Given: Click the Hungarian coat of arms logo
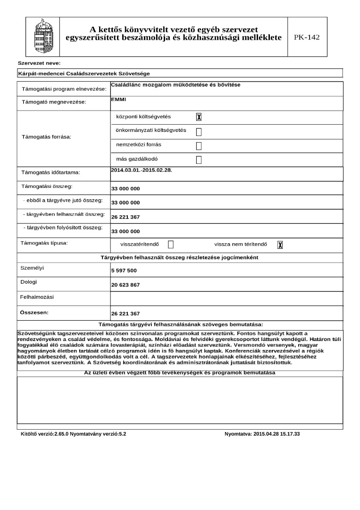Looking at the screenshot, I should (x=41, y=36).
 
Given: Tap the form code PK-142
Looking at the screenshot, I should (x=307, y=37).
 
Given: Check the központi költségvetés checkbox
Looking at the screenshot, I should (x=199, y=117).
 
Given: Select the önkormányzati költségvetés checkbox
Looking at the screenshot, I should (x=199, y=131).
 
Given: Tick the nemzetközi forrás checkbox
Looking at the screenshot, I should (x=199, y=145).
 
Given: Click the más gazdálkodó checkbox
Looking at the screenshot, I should (x=199, y=160).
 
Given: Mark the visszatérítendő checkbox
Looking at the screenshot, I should (x=171, y=245).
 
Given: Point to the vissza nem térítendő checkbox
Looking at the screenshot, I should (x=280, y=245).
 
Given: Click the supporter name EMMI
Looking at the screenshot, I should (x=115, y=100).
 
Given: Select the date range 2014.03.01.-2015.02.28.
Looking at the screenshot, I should (x=141, y=170).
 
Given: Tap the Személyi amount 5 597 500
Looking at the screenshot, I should (x=124, y=271).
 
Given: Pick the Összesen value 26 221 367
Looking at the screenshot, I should (x=126, y=314).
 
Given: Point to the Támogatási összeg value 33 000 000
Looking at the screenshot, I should (x=126, y=189).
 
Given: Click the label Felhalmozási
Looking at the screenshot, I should (x=37, y=297).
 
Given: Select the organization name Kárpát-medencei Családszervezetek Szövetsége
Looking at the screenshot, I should (x=84, y=74).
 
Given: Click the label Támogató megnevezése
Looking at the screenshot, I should (x=54, y=102).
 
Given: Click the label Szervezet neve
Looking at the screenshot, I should (x=39, y=63).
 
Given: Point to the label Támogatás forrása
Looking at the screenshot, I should (x=47, y=137).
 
